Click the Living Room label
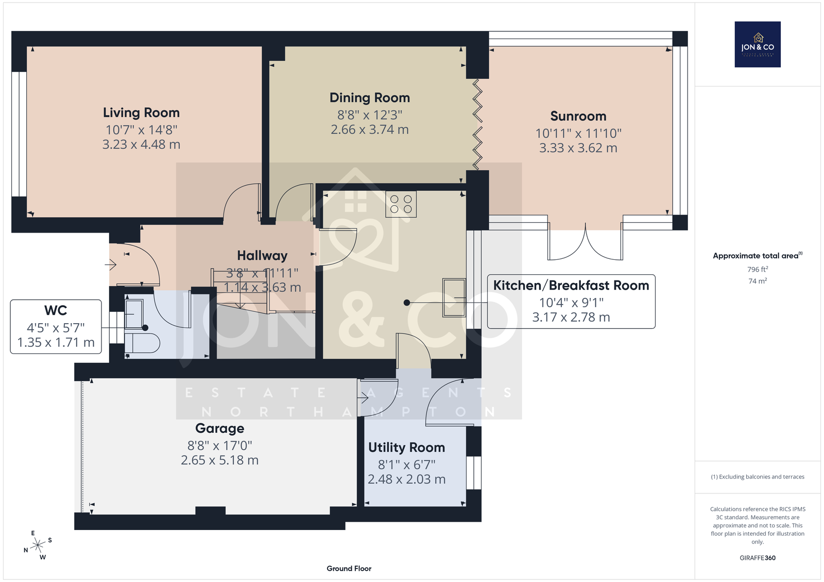coord(141,113)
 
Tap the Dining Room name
coord(369,98)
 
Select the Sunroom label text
coord(578,116)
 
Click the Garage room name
coord(219,428)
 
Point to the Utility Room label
coord(406,448)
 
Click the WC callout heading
coord(56,310)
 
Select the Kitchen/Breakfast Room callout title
coord(571,285)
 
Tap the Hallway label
coord(262,256)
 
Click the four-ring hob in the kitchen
coord(401,204)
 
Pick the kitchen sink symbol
coord(454,297)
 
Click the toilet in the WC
coord(142,343)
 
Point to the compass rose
coord(38,545)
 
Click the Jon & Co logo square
coord(758,44)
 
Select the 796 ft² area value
coord(758,269)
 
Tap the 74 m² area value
coord(758,281)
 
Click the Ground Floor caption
coord(349,569)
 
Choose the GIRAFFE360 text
coord(758,558)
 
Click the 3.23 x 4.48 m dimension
coord(141,145)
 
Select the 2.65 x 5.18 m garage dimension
coord(219,461)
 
